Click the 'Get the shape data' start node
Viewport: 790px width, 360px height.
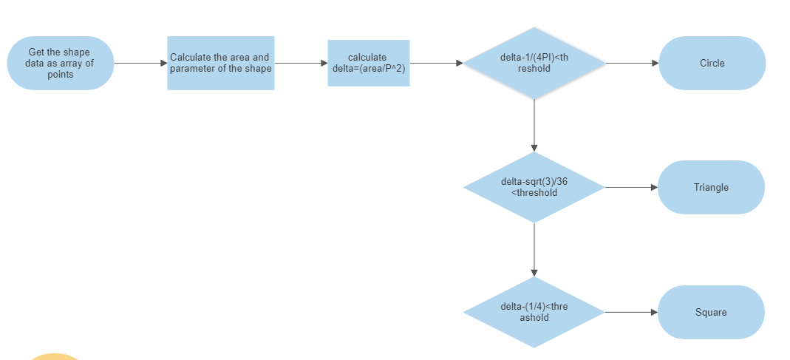61,64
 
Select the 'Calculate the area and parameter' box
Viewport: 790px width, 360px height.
220,64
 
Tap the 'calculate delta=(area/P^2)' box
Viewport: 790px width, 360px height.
368,64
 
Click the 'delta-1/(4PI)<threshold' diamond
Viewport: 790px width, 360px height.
534,64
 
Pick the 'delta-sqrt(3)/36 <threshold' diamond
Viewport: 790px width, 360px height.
534,188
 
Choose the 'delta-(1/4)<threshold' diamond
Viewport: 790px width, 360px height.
534,313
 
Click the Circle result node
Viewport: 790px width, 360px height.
712,64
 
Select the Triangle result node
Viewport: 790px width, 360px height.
711,188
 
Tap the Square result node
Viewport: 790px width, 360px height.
711,313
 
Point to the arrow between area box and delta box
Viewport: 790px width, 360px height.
301,64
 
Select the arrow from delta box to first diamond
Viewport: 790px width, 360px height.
436,64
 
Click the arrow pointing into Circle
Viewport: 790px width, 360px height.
632,64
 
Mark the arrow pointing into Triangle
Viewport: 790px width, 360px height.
631,188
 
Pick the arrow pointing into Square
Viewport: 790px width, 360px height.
631,313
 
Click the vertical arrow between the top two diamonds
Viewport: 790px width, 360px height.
534,126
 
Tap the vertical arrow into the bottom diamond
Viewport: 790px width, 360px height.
534,250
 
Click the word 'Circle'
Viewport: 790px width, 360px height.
712,64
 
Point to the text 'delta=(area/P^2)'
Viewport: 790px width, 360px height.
368,69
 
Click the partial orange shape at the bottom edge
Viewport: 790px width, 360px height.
54,357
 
